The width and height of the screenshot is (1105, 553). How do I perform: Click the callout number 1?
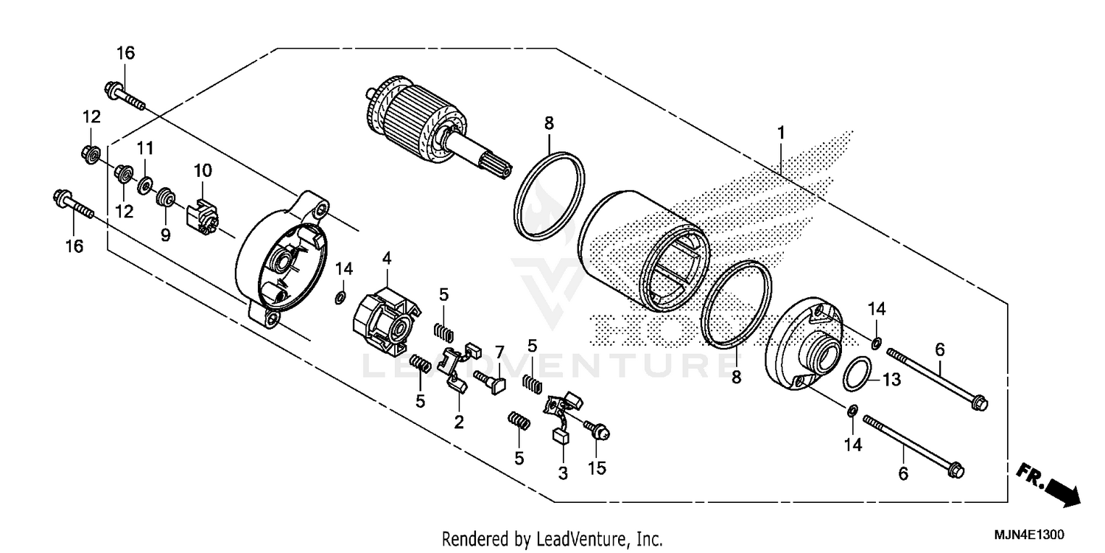pyautogui.click(x=781, y=133)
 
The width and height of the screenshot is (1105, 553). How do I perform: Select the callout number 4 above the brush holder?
pyautogui.click(x=386, y=258)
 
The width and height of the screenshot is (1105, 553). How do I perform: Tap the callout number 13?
pyautogui.click(x=891, y=380)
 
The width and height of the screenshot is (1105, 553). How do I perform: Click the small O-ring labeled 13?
pyautogui.click(x=856, y=375)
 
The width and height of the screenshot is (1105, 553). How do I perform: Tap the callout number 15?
pyautogui.click(x=597, y=468)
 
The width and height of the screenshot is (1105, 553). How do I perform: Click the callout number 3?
pyautogui.click(x=563, y=474)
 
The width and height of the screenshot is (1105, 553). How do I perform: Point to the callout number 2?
pyautogui.click(x=459, y=422)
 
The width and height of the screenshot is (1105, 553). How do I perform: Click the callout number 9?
pyautogui.click(x=166, y=235)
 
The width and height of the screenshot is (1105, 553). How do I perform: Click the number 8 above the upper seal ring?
pyautogui.click(x=549, y=123)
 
